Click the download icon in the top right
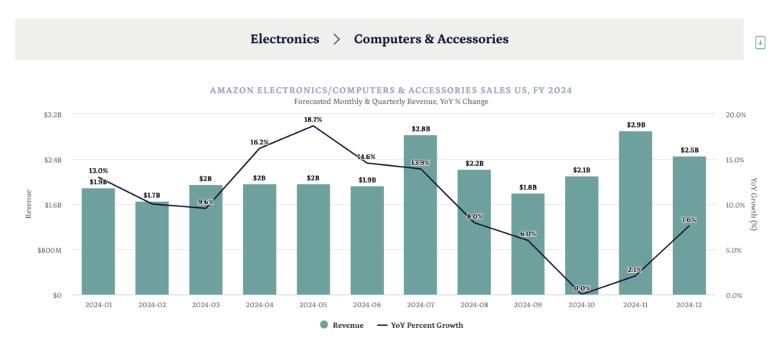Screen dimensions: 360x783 (x=760, y=43)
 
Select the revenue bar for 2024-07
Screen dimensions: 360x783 (x=421, y=215)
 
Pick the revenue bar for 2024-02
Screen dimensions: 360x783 (x=151, y=248)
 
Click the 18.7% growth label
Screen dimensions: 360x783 (x=313, y=120)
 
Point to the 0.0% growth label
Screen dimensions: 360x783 (x=582, y=288)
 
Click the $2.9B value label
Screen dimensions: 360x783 (x=635, y=125)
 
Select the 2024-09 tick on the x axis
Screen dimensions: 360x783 (x=528, y=305)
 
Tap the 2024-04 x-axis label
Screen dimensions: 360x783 (x=259, y=305)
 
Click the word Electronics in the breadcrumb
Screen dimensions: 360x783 (x=284, y=38)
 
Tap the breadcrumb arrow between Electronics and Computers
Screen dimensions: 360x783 (x=336, y=39)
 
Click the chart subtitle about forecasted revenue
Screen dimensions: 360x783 (x=391, y=102)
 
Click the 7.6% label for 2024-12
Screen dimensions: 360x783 (x=688, y=219)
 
